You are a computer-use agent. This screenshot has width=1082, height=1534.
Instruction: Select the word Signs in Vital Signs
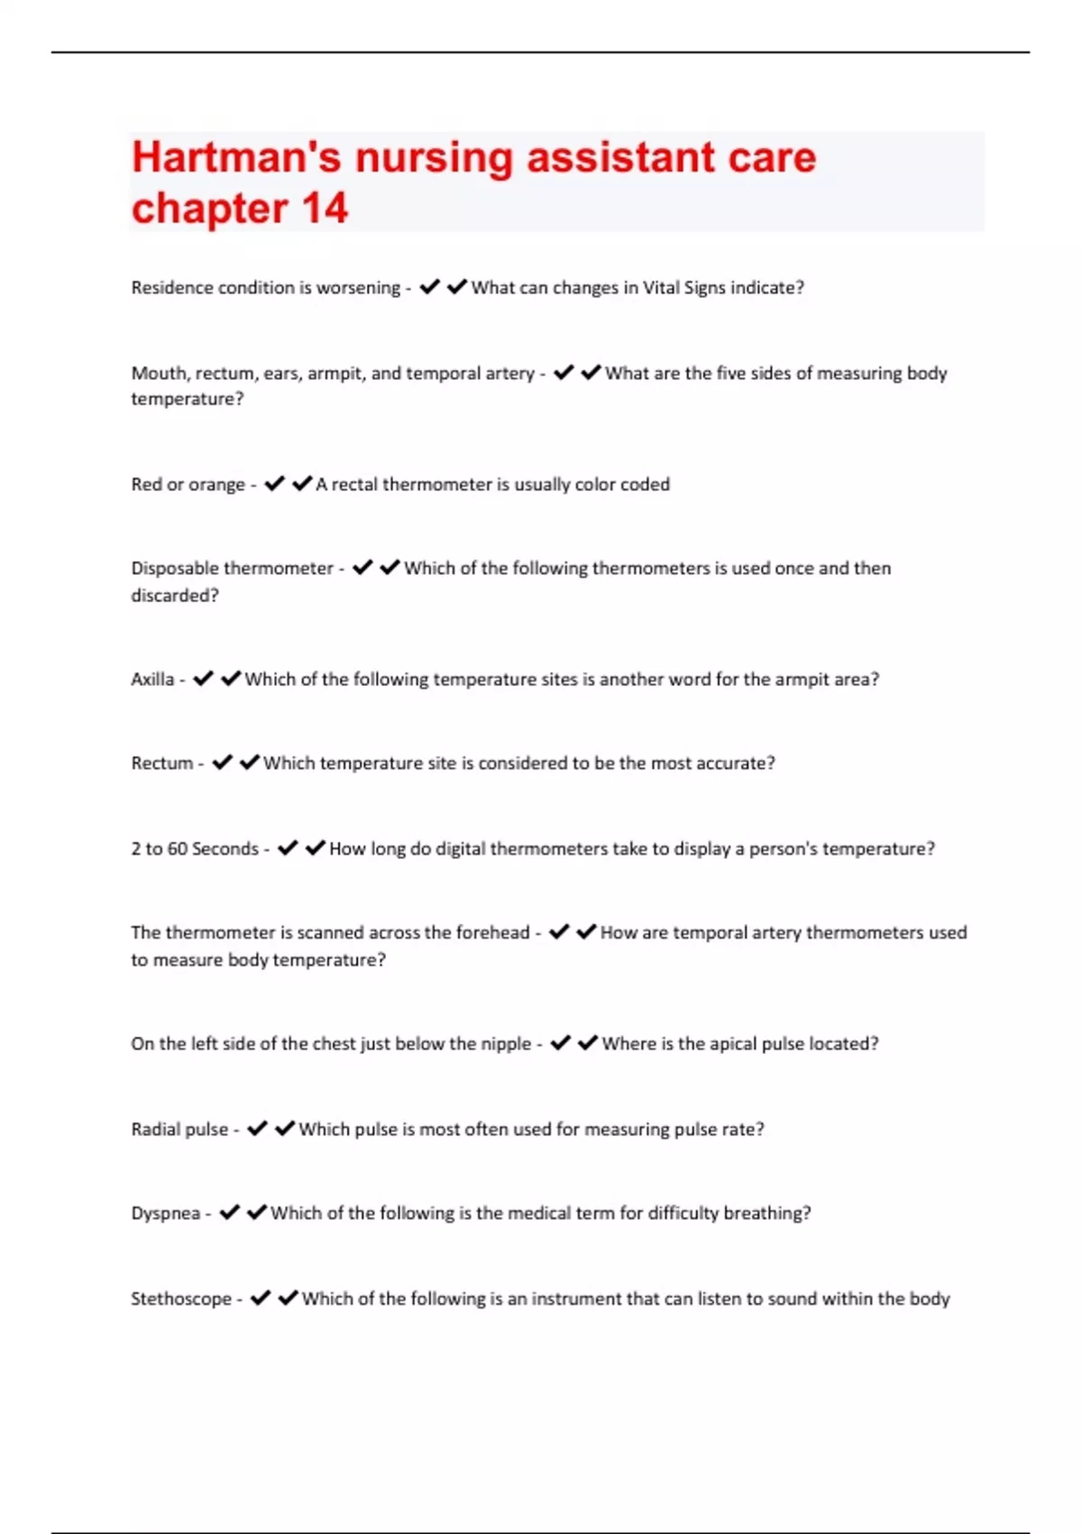pos(704,288)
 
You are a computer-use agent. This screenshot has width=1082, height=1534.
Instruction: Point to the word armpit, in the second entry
pos(337,374)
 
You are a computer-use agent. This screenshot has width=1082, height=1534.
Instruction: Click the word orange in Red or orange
pos(216,485)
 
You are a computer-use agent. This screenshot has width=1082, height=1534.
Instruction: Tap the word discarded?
pos(175,596)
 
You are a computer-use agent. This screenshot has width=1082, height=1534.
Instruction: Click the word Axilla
pos(152,679)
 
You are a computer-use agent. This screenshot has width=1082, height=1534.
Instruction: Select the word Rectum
pos(162,763)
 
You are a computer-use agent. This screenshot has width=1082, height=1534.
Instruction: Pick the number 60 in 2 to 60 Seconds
pos(178,849)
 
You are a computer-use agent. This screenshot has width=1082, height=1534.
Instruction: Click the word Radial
pos(156,1130)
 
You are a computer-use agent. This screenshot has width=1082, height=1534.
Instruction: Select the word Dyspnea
pos(166,1214)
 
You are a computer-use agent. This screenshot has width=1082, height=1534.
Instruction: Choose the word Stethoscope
pos(181,1299)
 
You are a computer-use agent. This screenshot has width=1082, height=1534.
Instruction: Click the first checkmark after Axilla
pos(203,679)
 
